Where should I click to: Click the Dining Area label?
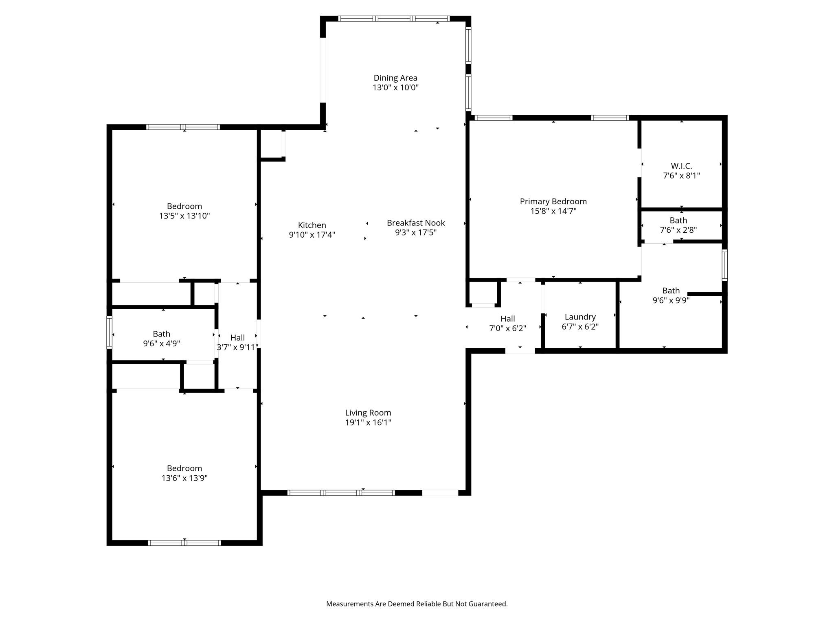[395, 78]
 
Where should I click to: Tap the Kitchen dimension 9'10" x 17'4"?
[312, 235]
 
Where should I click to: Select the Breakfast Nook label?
[416, 223]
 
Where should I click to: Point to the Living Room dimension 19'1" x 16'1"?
[368, 422]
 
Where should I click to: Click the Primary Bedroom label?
[553, 201]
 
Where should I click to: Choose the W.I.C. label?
[681, 166]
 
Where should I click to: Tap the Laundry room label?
[580, 317]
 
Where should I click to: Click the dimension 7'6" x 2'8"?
[678, 230]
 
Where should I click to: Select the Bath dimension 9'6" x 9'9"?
[671, 300]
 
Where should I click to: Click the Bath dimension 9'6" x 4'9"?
[161, 343]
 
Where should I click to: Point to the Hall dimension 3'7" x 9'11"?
[237, 347]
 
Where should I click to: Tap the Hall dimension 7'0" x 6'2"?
[507, 328]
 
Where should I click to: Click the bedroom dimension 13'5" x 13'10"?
[184, 216]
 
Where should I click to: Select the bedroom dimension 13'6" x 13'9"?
[184, 478]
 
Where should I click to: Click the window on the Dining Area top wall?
[394, 19]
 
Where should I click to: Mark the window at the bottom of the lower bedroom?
[184, 543]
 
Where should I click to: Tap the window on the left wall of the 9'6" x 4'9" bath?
[109, 332]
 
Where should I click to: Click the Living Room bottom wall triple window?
[341, 493]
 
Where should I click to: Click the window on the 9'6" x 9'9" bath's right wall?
[724, 265]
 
